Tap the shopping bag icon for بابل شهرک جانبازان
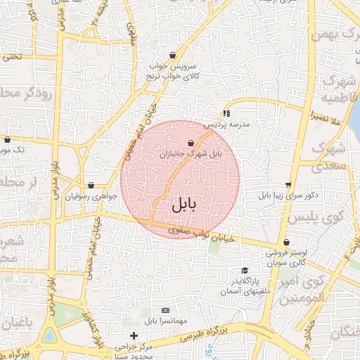tap(191, 143)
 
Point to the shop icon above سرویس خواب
tap(172, 55)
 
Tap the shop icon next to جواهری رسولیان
tap(90, 186)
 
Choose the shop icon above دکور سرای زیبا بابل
tap(288, 185)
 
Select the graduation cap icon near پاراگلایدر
tap(245, 271)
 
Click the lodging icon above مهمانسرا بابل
tap(165, 310)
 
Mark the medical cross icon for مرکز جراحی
tap(134, 335)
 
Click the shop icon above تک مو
tap(7, 139)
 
